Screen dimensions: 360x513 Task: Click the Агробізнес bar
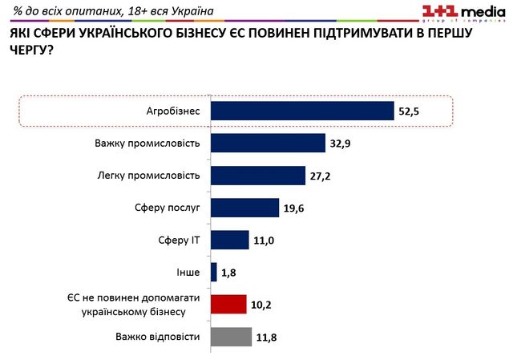pos(302,111)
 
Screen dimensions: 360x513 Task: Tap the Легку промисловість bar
pos(258,176)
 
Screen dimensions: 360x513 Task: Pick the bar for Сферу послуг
pos(244,208)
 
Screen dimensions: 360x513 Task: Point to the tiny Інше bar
pos(214,273)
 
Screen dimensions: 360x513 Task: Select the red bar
pos(228,305)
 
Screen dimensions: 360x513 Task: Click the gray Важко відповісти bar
pos(231,337)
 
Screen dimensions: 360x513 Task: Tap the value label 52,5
pos(409,111)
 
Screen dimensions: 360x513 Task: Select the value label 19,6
pos(294,208)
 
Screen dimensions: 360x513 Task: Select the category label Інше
pos(188,273)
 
